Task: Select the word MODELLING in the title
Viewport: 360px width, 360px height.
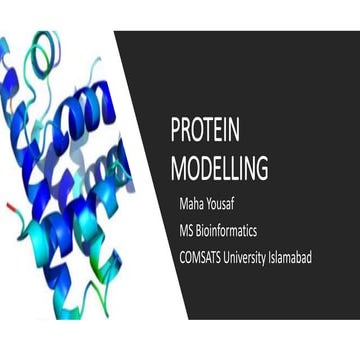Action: (x=220, y=167)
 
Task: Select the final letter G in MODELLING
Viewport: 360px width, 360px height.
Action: (x=262, y=167)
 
